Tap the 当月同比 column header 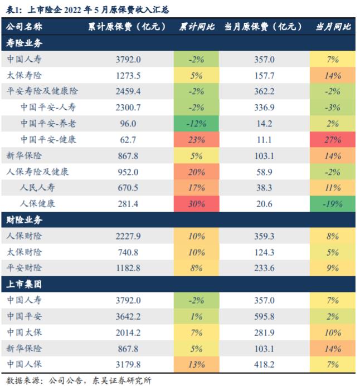pyautogui.click(x=333, y=27)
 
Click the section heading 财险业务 pyautogui.click(x=24, y=220)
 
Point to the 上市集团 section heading pyautogui.click(x=24, y=284)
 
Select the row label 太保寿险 pyautogui.click(x=25, y=75)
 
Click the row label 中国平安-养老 pyautogui.click(x=48, y=123)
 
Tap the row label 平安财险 pyautogui.click(x=25, y=268)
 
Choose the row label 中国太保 pyautogui.click(x=25, y=333)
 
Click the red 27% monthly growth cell pyautogui.click(x=333, y=139)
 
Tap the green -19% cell pyautogui.click(x=333, y=204)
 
